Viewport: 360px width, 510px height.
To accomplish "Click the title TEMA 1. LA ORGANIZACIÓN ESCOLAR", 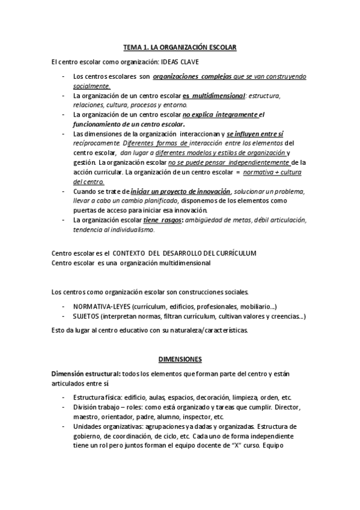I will (x=180, y=46).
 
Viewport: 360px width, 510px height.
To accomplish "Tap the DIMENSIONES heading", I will (x=180, y=359).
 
